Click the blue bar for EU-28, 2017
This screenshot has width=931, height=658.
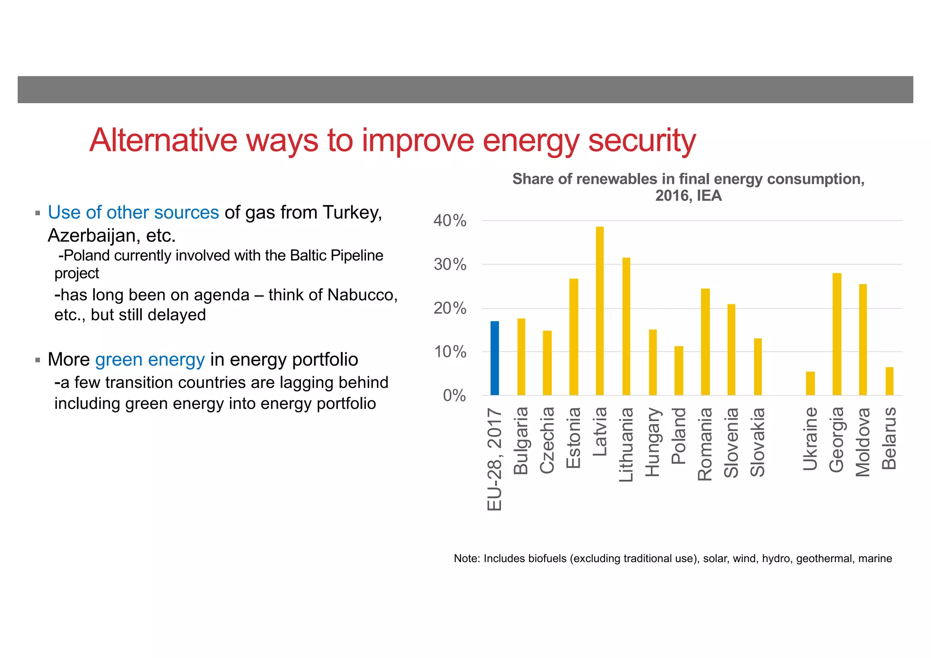coord(495,358)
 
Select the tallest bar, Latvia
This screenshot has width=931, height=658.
coord(600,311)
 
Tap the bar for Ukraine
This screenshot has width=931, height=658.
coord(810,383)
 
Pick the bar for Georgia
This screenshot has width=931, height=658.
coord(836,334)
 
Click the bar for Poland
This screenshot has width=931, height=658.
coord(679,371)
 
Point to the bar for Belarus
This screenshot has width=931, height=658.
coord(889,381)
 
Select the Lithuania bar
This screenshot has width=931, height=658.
coord(626,326)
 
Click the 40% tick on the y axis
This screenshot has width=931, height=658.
coord(450,221)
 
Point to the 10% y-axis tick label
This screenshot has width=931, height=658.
coord(450,352)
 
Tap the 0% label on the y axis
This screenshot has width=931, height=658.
coord(454,396)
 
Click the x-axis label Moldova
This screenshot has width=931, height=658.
coord(862,442)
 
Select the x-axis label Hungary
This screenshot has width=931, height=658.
coord(652,442)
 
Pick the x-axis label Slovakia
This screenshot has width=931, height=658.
coord(757,442)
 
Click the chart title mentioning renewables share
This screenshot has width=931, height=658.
coord(688,187)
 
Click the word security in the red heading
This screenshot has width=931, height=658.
coord(642,141)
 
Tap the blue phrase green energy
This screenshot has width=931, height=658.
coord(150,360)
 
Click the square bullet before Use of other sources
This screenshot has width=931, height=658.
coord(38,213)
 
